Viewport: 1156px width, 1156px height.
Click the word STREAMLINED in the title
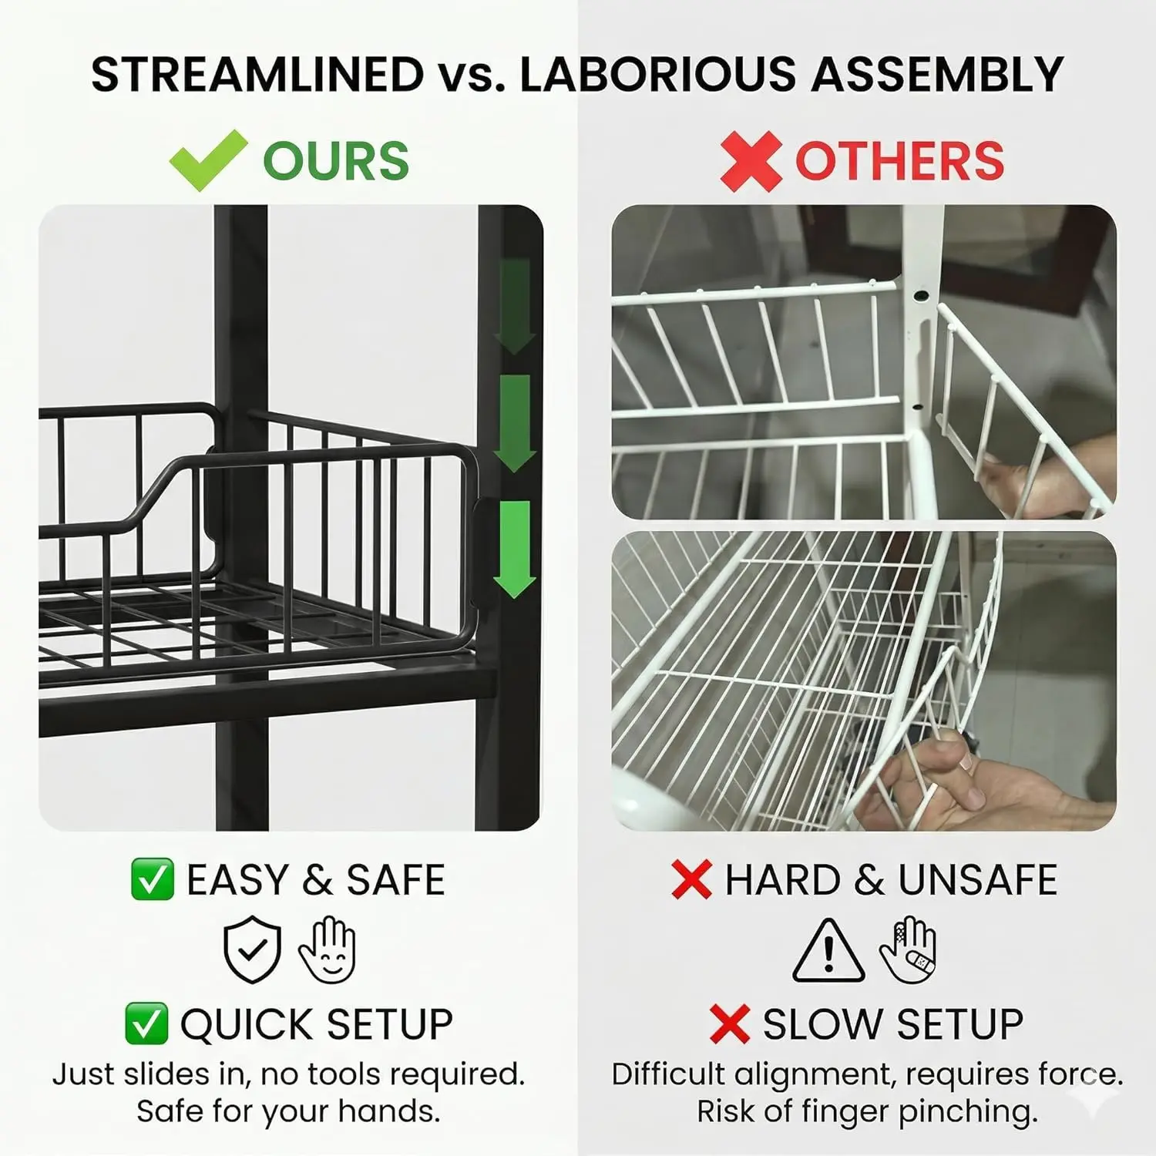coord(257,74)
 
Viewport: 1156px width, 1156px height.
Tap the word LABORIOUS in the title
coord(657,74)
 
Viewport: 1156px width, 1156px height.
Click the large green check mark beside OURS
coord(208,160)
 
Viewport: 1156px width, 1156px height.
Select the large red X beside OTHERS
coord(751,161)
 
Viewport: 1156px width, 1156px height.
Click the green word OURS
coord(336,161)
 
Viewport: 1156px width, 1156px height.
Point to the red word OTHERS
coord(899,161)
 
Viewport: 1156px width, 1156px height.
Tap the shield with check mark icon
coord(252,949)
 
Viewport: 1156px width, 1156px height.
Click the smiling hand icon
coord(328,949)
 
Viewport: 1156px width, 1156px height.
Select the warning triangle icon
coord(828,950)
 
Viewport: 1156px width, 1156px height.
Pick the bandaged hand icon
coord(908,949)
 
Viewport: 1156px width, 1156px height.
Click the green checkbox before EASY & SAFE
coord(152,879)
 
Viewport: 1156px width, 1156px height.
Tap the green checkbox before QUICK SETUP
coord(146,1024)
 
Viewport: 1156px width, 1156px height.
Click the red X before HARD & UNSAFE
coord(691,879)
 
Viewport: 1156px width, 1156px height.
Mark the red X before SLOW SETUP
coord(730,1024)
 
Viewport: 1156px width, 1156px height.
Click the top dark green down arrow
coord(514,306)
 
